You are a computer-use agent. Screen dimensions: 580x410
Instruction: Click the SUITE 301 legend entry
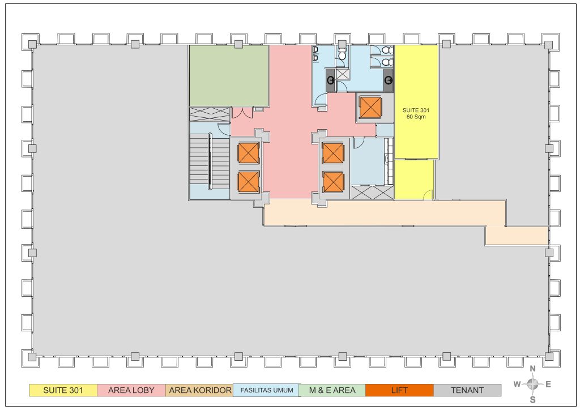[x=63, y=390]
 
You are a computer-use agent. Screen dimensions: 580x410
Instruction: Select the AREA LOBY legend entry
[x=131, y=390]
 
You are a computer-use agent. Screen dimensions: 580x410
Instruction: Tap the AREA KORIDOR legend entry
[x=199, y=390]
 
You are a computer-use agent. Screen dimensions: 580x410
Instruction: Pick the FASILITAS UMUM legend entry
[x=266, y=390]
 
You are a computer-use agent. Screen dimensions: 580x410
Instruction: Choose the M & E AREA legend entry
[x=332, y=390]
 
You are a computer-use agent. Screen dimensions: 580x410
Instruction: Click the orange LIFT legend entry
[x=399, y=390]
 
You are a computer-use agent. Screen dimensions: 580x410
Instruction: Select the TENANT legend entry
[x=467, y=390]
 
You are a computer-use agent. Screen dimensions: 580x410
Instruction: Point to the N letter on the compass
[x=532, y=369]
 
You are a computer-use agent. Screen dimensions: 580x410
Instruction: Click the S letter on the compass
[x=532, y=400]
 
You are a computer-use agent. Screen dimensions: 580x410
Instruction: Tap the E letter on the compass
[x=548, y=384]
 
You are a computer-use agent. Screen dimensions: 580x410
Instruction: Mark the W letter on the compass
[x=517, y=384]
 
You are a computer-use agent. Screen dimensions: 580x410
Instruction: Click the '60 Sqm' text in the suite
[x=416, y=117]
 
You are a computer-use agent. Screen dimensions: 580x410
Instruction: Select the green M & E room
[x=229, y=76]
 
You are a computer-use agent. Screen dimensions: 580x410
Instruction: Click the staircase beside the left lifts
[x=210, y=161]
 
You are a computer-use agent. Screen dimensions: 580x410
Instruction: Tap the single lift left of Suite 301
[x=370, y=108]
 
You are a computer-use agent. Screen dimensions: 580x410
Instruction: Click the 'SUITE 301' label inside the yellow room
[x=416, y=110]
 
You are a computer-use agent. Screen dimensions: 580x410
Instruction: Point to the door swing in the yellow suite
[x=428, y=194]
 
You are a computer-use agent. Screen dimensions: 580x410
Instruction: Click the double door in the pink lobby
[x=242, y=113]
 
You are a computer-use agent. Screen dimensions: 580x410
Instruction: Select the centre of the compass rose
[x=532, y=384]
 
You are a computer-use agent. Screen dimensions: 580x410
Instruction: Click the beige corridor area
[x=385, y=212]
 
